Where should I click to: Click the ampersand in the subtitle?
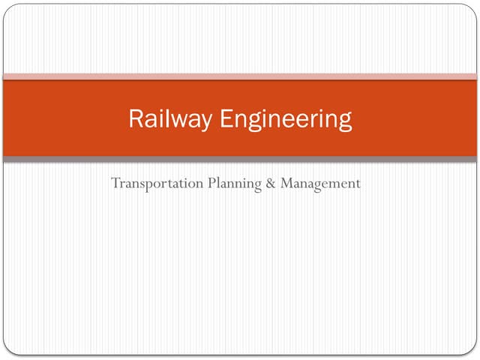270,183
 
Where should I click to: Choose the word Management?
320,184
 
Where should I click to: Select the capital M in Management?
286,182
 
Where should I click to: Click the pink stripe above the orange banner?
240,76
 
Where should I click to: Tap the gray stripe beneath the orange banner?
240,159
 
